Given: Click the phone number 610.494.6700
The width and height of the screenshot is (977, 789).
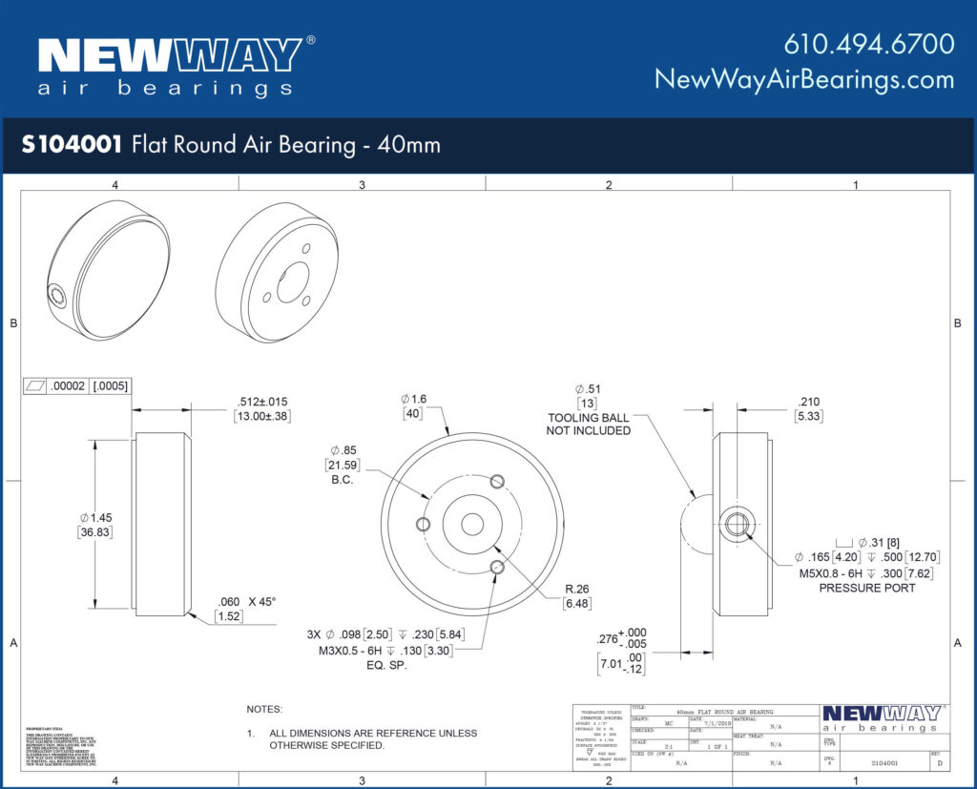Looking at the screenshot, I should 869,44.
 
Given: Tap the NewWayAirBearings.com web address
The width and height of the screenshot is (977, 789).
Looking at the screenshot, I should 804,79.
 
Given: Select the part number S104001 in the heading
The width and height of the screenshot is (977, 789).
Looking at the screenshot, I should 72,145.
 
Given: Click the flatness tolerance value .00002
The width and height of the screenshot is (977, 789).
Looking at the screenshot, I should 69,386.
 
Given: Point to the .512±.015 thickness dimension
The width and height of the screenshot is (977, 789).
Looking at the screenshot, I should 262,402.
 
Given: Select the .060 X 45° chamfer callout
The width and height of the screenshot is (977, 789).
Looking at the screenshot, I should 246,602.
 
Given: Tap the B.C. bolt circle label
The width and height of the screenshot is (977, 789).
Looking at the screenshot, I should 343,480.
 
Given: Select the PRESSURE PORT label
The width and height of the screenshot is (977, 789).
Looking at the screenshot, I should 866,588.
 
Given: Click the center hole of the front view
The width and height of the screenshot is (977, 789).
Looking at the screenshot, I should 472,524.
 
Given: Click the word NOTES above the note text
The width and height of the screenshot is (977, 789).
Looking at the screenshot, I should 264,710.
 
